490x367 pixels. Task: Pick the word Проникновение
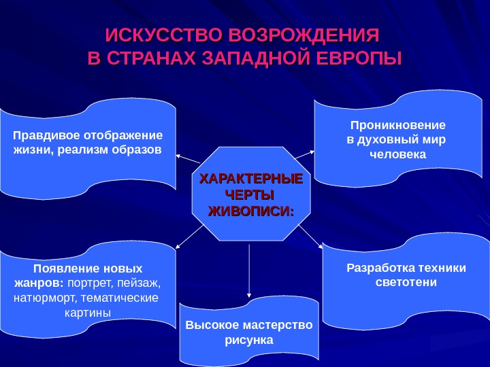tap(397, 126)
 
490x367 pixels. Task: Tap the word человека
tap(397, 155)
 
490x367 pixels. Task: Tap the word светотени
tap(406, 282)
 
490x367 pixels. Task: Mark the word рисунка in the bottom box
tap(248, 339)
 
